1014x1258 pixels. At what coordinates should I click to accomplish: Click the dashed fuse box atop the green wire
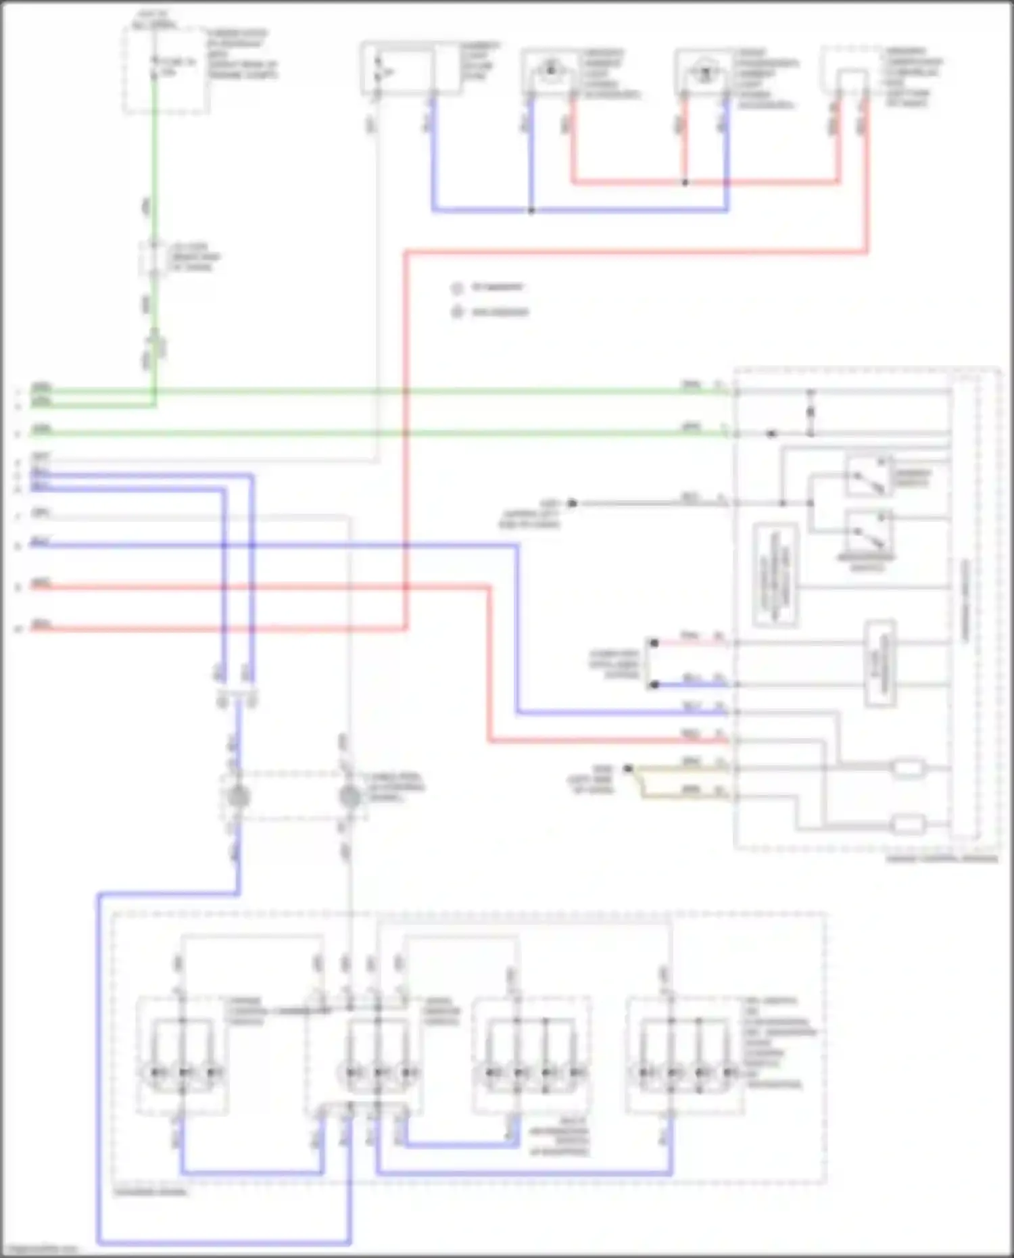[165, 70]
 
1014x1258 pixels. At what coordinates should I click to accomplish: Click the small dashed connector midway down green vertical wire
[154, 258]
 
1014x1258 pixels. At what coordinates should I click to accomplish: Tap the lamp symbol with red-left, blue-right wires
[704, 71]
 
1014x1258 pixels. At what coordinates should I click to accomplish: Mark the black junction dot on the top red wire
[685, 183]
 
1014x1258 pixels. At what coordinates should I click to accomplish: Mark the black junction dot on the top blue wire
[531, 211]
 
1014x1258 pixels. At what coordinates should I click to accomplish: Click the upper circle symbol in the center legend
[457, 289]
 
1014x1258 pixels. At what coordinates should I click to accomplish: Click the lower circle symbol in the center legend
[457, 312]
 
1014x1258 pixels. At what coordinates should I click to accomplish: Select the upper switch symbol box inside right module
[868, 476]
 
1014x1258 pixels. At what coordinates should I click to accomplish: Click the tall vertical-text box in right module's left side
[775, 575]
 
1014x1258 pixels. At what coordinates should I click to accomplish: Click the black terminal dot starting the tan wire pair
[628, 769]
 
